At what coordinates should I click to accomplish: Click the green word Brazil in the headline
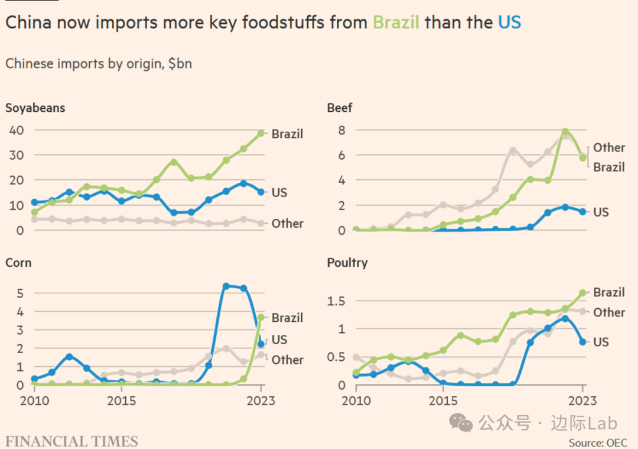click(x=396, y=22)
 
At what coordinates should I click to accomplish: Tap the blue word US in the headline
click(x=509, y=22)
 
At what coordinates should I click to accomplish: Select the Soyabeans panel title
click(x=35, y=108)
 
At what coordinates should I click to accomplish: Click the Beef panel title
click(x=340, y=108)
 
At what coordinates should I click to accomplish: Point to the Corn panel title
click(x=18, y=262)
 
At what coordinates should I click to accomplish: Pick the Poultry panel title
click(x=347, y=262)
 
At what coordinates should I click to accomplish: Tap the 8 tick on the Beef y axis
click(x=341, y=130)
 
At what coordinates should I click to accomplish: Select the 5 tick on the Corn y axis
click(x=19, y=293)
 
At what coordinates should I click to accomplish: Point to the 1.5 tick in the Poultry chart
click(x=336, y=302)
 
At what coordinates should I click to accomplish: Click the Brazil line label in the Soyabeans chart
click(x=287, y=134)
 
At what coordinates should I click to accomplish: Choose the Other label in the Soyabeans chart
click(x=287, y=224)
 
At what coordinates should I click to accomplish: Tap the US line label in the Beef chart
click(x=601, y=212)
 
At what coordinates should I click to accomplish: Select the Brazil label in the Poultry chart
click(x=608, y=292)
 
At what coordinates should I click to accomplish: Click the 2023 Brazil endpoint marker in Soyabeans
click(x=261, y=133)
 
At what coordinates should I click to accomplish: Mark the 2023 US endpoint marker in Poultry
click(x=582, y=341)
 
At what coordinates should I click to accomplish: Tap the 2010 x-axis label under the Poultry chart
click(x=356, y=401)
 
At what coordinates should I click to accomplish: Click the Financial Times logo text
click(x=71, y=441)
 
